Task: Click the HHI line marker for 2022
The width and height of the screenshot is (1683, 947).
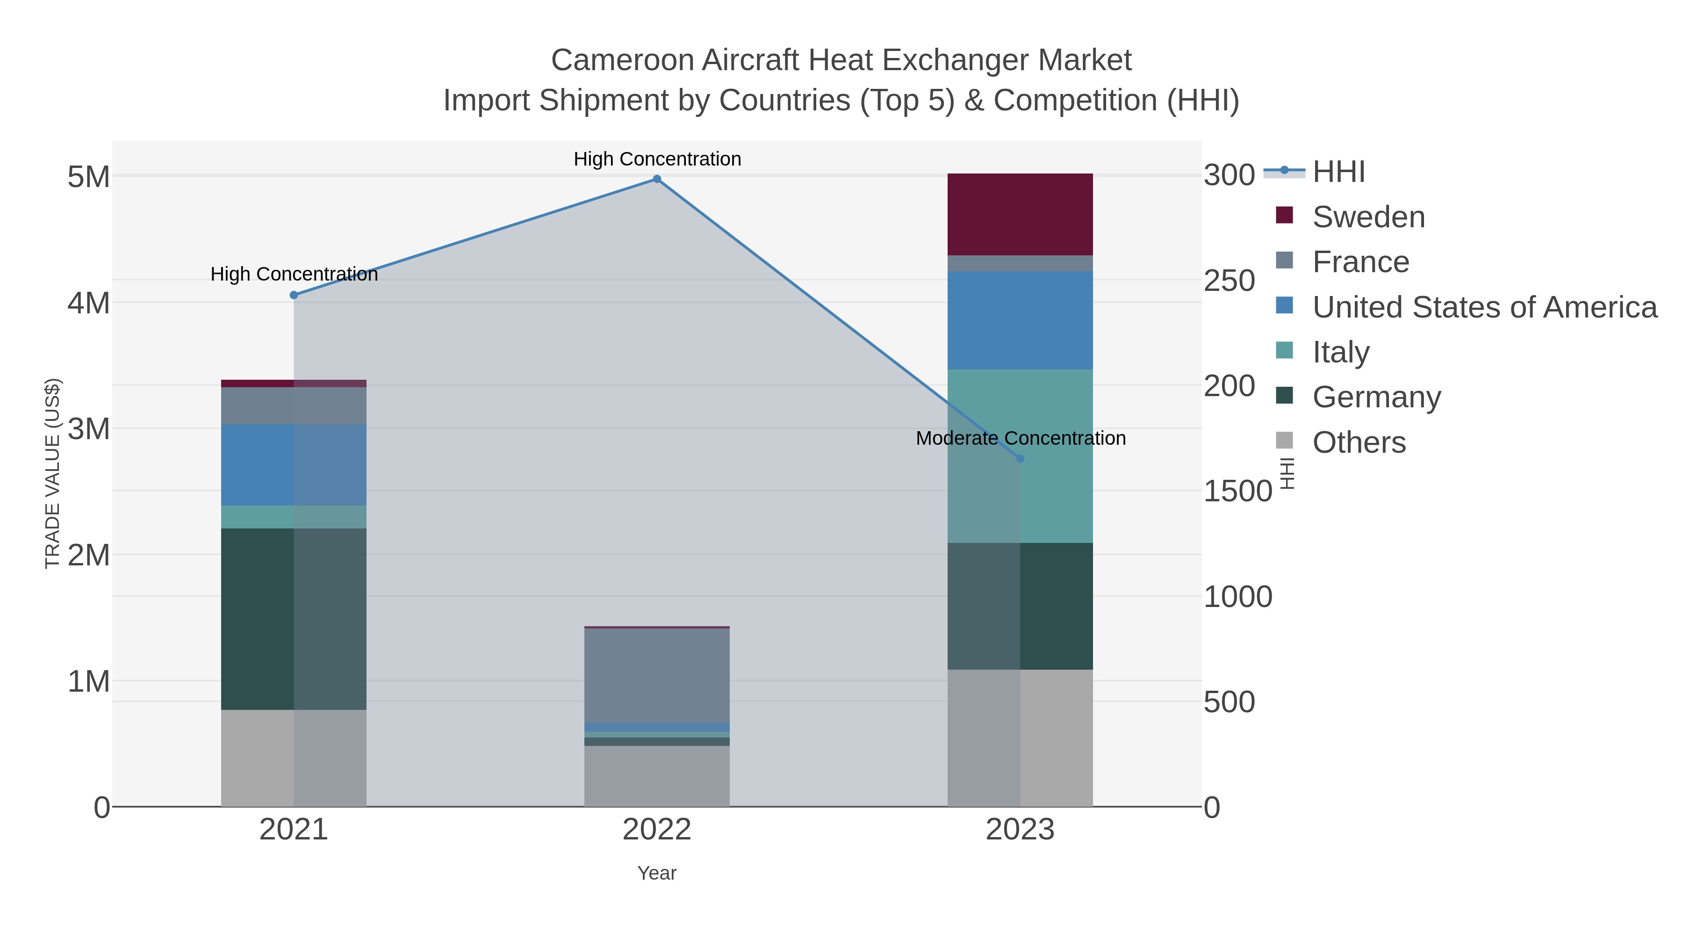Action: pos(657,179)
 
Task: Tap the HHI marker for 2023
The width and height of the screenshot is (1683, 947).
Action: pos(1020,459)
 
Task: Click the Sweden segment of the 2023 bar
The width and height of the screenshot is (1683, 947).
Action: pos(1020,214)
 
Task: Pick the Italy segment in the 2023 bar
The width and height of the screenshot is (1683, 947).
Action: pos(1020,455)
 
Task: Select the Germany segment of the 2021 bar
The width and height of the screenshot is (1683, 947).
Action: pos(294,619)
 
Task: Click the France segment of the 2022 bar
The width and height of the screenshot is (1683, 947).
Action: pos(657,675)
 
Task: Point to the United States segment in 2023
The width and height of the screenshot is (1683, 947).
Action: pos(1020,320)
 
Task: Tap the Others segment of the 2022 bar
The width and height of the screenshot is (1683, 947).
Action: pos(657,776)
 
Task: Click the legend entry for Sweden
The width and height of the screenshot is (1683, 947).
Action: pos(1368,217)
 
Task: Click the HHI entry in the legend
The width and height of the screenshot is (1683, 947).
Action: pos(1338,172)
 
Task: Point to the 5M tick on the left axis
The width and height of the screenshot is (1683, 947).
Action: pos(89,176)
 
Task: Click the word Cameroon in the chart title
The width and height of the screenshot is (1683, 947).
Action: pos(621,60)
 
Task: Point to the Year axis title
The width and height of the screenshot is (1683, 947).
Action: pos(657,873)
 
